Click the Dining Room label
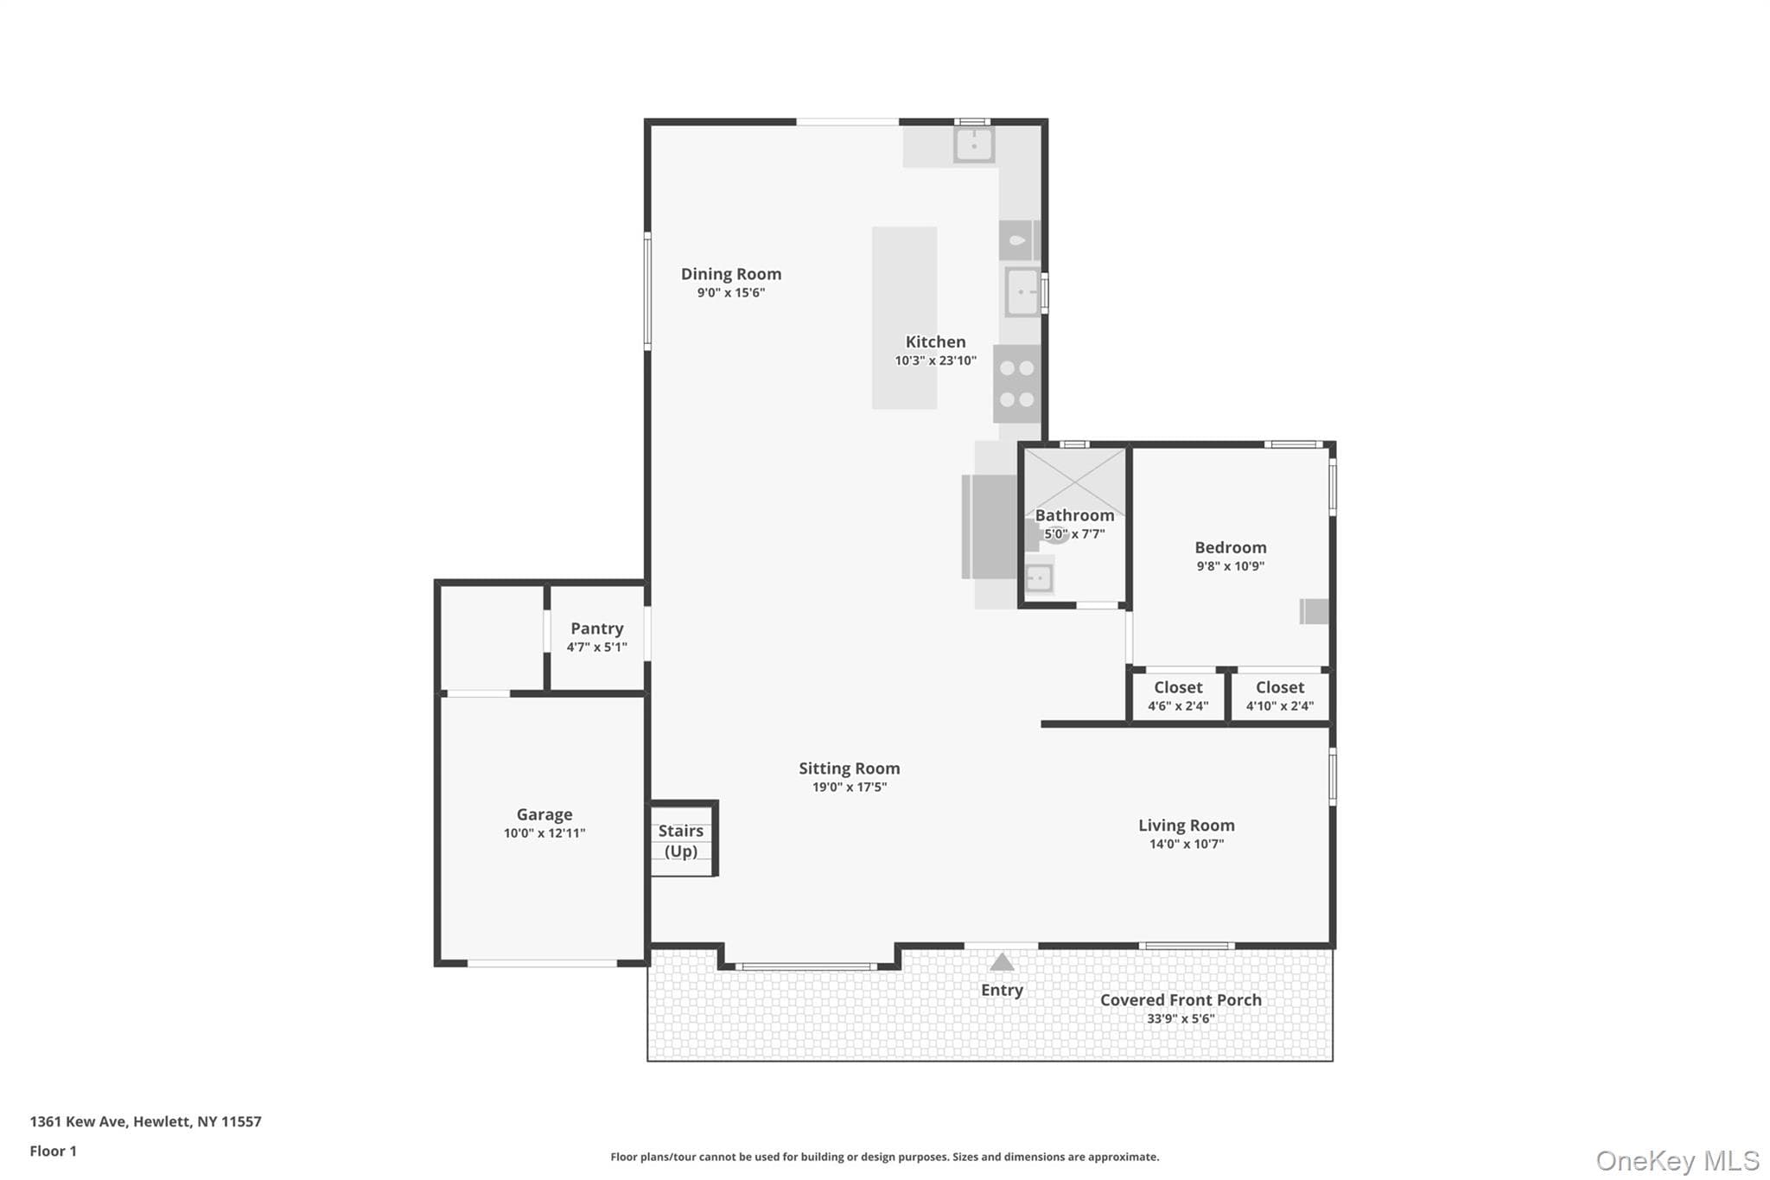pos(731,274)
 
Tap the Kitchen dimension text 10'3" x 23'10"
pos(935,360)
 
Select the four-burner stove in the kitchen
pos(1016,384)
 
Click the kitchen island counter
pos(904,317)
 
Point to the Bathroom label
pos(1074,515)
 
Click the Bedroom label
pos(1231,547)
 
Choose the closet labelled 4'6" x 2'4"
pos(1178,696)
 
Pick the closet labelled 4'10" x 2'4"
pos(1280,696)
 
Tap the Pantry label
pos(596,628)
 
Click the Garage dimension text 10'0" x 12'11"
pos(544,833)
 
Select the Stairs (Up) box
pos(683,839)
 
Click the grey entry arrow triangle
pos(1002,961)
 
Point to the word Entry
pos(1002,991)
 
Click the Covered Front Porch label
pos(1181,1000)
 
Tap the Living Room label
pos(1186,826)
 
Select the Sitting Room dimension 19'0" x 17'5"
pos(850,787)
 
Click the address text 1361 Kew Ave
pos(79,1121)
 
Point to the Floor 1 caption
pos(54,1151)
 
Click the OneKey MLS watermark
pos(1678,1160)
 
